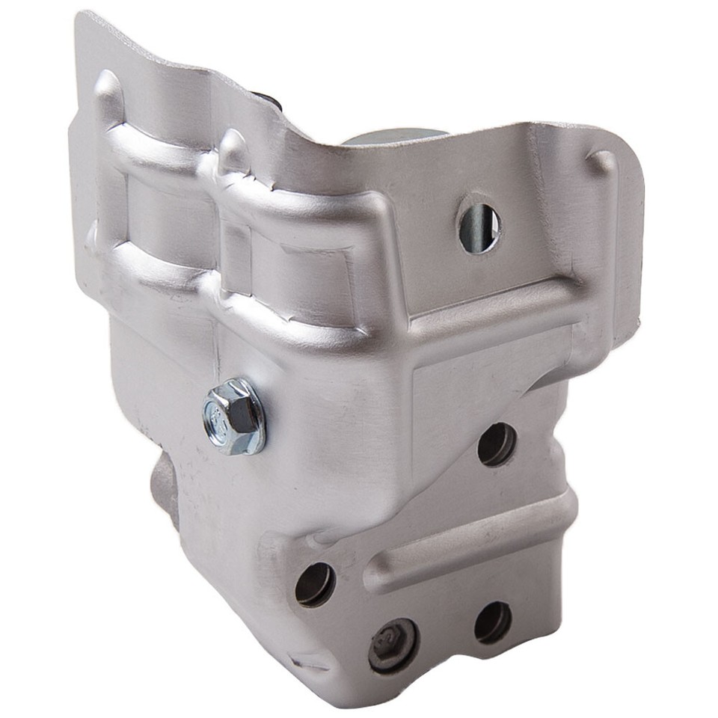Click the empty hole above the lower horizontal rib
(x=497, y=444)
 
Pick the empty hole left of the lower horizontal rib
(x=315, y=583)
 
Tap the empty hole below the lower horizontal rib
(x=493, y=621)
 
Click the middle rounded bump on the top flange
(x=234, y=150)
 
